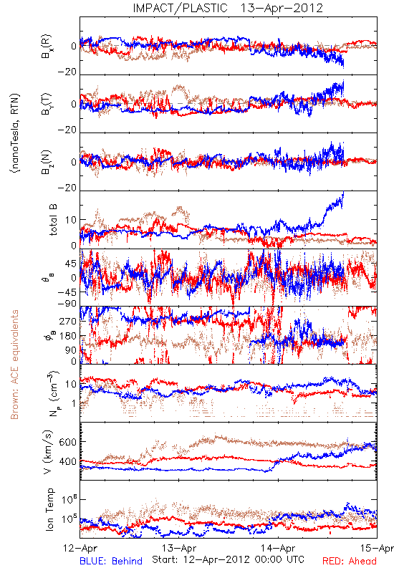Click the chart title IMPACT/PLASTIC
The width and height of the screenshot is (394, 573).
pos(180,8)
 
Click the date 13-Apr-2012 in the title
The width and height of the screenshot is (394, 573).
pos(282,8)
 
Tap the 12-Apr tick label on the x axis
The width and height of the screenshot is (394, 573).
pos(80,548)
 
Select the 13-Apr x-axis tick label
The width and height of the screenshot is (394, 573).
pos(179,548)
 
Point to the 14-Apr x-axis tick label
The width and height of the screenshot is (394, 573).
pos(278,548)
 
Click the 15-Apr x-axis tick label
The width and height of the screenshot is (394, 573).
pos(377,548)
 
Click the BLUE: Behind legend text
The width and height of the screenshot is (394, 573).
pos(111,561)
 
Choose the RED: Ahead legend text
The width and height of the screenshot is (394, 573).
pos(349,561)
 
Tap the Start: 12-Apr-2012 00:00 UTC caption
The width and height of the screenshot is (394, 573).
pos(228,559)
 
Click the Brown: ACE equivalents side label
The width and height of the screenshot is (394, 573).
pos(14,365)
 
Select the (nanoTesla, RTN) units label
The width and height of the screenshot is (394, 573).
pos(15,133)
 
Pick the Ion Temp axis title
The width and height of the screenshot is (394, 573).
pos(49,509)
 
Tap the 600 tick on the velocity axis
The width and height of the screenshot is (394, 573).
pos(67,442)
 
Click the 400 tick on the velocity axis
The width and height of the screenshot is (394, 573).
pos(67,461)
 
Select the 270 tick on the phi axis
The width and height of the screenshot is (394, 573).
pos(67,321)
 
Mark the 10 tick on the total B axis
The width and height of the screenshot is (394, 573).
pos(71,220)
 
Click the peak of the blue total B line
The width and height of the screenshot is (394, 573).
pos(343,192)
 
